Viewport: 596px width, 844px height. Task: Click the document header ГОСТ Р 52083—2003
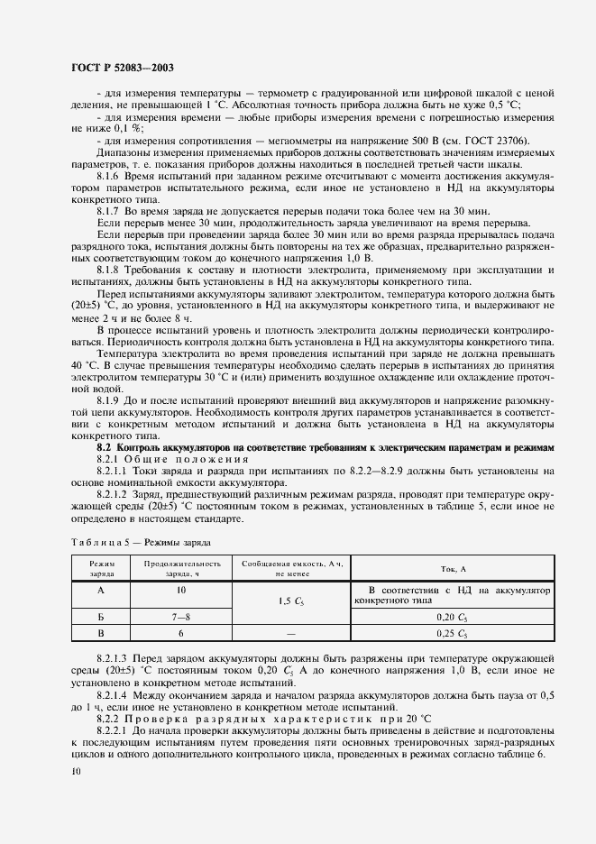tap(122, 68)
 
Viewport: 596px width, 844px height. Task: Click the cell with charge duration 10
tap(180, 590)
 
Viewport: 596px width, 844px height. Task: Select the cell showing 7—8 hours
tap(180, 617)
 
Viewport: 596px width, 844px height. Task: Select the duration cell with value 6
tap(180, 634)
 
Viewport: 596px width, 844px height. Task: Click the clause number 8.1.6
tap(108, 177)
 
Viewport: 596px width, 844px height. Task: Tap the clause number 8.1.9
tap(108, 399)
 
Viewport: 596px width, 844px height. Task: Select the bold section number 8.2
tap(103, 447)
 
